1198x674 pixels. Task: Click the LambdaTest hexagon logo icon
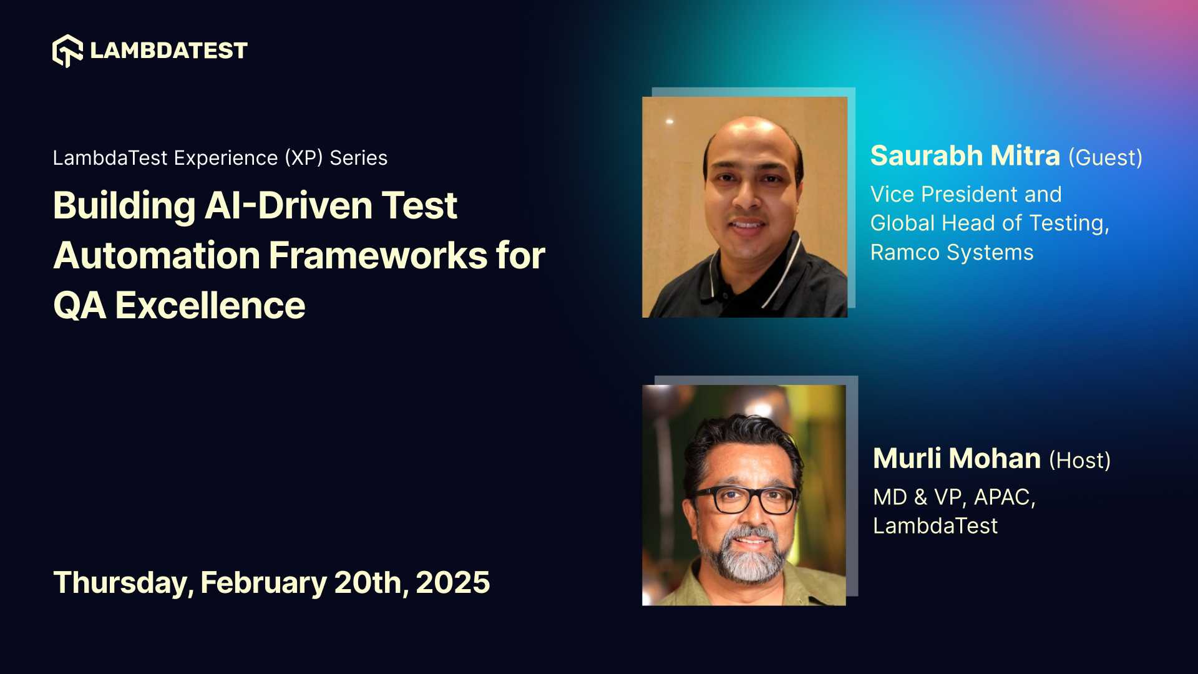(67, 51)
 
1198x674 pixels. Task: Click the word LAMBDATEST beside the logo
(168, 51)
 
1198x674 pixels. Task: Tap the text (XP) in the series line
(304, 158)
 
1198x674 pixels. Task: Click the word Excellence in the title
(210, 306)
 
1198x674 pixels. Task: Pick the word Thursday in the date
(123, 583)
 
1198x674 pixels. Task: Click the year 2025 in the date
(452, 583)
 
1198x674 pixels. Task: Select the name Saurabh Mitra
(965, 156)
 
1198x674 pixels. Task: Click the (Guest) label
(1105, 158)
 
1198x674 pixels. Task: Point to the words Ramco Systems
(952, 253)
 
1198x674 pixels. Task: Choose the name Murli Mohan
(957, 459)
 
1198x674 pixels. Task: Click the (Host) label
(1079, 461)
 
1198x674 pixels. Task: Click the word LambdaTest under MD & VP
(935, 526)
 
